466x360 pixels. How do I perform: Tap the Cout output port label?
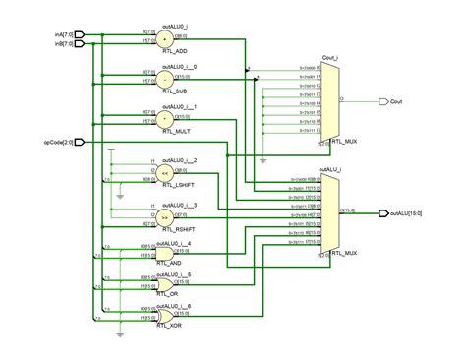pos(396,101)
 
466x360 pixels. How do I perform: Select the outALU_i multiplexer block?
pos(330,212)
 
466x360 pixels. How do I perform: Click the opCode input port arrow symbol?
pos(81,142)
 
